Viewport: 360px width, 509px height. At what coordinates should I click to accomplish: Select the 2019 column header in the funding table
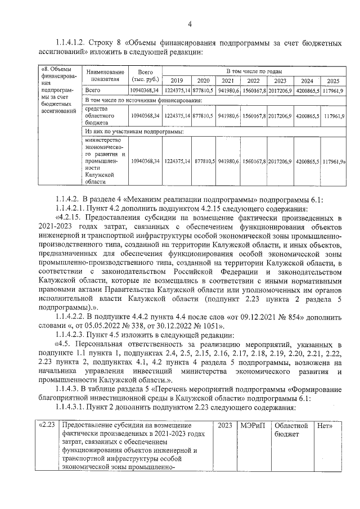pyautogui.click(x=177, y=80)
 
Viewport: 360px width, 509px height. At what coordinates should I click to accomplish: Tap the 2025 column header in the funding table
pyautogui.click(x=334, y=80)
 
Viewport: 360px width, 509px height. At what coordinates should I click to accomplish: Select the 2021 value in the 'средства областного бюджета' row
pyautogui.click(x=229, y=115)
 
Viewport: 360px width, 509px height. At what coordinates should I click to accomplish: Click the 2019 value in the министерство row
pyautogui.click(x=177, y=161)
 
